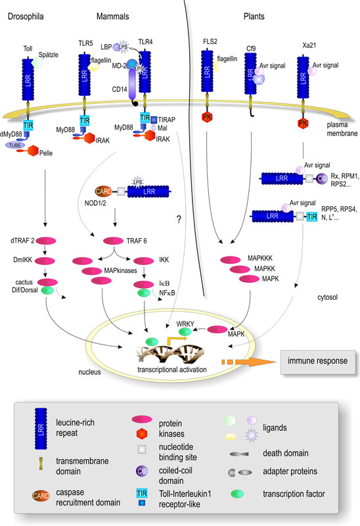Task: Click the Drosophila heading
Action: [x=26, y=16]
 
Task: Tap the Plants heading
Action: [x=254, y=16]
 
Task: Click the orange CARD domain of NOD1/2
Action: [x=104, y=191]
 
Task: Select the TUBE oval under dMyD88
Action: [x=15, y=145]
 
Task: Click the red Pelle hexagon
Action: [x=33, y=151]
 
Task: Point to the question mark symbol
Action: [x=179, y=220]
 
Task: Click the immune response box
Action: [x=318, y=362]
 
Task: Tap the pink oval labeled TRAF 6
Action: [x=113, y=241]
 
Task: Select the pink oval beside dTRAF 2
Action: [x=45, y=241]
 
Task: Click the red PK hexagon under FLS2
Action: [x=207, y=117]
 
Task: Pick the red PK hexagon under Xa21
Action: [x=303, y=123]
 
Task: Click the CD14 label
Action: [x=120, y=89]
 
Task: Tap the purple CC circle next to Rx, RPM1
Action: [x=322, y=178]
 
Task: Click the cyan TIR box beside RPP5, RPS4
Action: [x=312, y=217]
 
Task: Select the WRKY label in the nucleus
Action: [x=185, y=323]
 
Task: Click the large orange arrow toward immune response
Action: [x=249, y=362]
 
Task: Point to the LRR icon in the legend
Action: [x=41, y=429]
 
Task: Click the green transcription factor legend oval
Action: [x=237, y=494]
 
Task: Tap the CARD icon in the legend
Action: [x=41, y=496]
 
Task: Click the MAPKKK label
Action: [x=260, y=258]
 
